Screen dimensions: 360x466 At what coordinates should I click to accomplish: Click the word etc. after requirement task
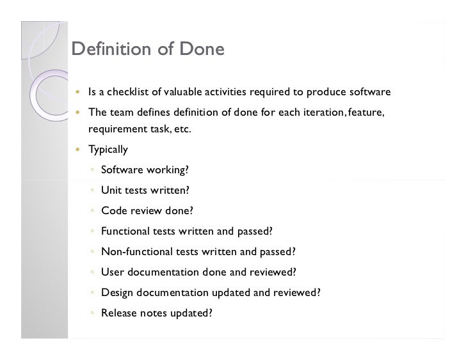181,130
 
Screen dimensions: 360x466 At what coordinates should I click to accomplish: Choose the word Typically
108,150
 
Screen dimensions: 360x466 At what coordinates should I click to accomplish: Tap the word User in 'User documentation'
113,272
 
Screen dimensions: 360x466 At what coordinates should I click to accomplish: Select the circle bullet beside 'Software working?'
93,171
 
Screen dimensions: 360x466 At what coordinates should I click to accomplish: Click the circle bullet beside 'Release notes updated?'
93,313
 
